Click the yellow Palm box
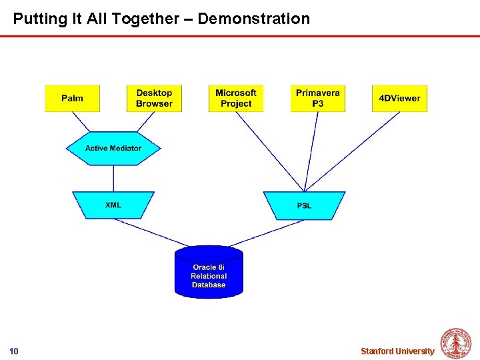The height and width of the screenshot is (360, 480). pos(72,99)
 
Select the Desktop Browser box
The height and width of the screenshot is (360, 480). pos(154,99)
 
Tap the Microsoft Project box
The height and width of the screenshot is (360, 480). pos(236,99)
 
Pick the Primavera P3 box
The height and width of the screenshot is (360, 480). pos(318,99)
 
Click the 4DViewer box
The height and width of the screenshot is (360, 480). pos(399,99)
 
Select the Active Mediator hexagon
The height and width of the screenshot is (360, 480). pos(113,148)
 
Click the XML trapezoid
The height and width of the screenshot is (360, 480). pos(113,205)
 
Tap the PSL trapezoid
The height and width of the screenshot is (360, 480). pos(304,205)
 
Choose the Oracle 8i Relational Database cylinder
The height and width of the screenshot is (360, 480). pos(209,273)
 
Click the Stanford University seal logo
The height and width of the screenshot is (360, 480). pos(456,344)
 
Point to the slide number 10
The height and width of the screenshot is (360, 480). pos(14,351)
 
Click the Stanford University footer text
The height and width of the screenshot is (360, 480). pos(397,351)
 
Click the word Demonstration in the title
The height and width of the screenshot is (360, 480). pos(254,19)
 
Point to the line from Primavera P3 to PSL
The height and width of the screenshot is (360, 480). pos(311,152)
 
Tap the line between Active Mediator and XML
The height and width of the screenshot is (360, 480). pos(113,178)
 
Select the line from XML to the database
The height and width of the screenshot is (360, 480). pos(151,233)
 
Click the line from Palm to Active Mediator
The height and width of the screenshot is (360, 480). pos(81,122)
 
